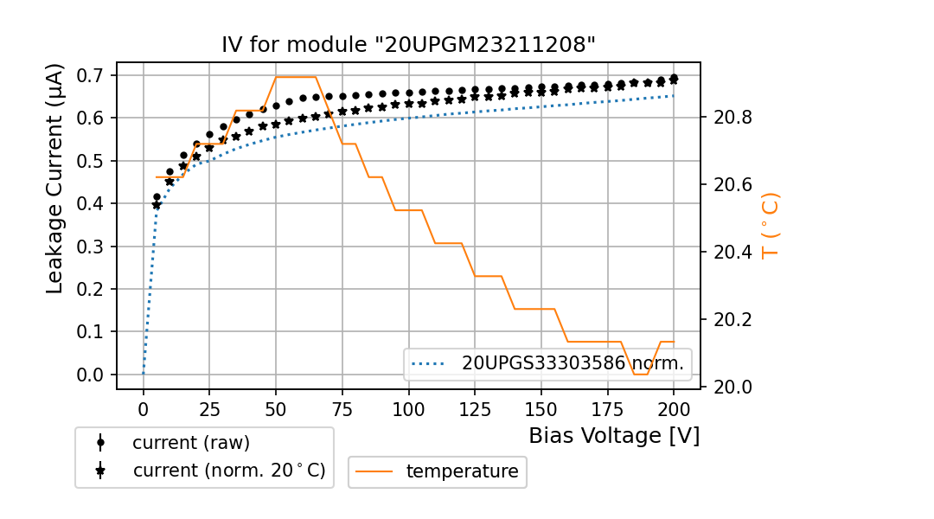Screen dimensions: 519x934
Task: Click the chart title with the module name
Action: coord(408,44)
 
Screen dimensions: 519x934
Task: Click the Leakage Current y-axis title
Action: coord(54,178)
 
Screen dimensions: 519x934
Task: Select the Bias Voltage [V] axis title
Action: coord(614,435)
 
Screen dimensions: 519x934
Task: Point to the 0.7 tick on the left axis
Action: coord(91,75)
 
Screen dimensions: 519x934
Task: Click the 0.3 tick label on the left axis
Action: coord(91,247)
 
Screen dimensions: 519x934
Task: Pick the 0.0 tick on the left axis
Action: coord(91,375)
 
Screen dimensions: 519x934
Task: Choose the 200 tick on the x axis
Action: coord(674,407)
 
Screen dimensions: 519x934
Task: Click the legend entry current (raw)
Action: coord(190,443)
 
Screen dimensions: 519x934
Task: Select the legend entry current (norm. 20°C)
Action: coord(228,471)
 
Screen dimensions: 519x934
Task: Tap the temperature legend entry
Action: coord(462,471)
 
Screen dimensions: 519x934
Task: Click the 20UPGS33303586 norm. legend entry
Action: coord(572,364)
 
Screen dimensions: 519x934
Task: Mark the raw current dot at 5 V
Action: coord(157,197)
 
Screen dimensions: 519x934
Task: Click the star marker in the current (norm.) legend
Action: coord(100,471)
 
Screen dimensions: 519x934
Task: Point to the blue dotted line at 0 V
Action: coord(144,374)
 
